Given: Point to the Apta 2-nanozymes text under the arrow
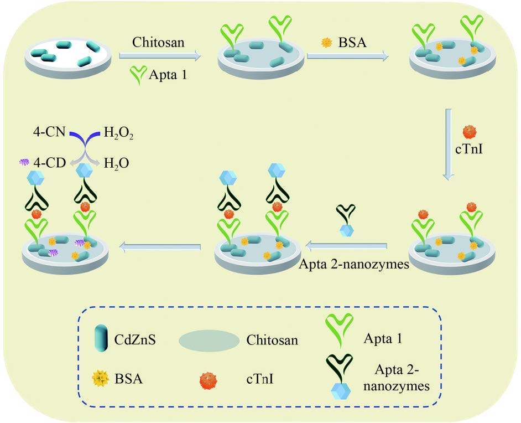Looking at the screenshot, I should tap(354, 264).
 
